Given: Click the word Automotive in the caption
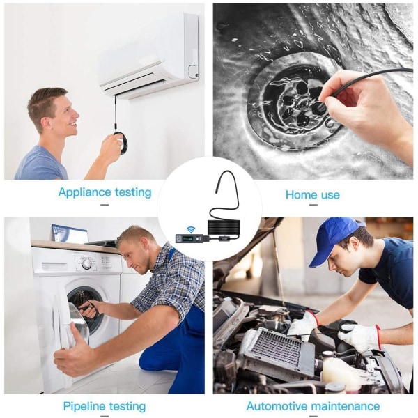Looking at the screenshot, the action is pyautogui.click(x=277, y=406).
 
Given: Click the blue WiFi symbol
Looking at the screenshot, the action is pyautogui.click(x=190, y=229).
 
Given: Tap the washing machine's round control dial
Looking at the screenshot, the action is pyautogui.click(x=86, y=264).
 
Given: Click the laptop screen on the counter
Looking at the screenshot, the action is pyautogui.click(x=70, y=234).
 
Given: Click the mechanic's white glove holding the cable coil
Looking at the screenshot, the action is pyautogui.click(x=360, y=336).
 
